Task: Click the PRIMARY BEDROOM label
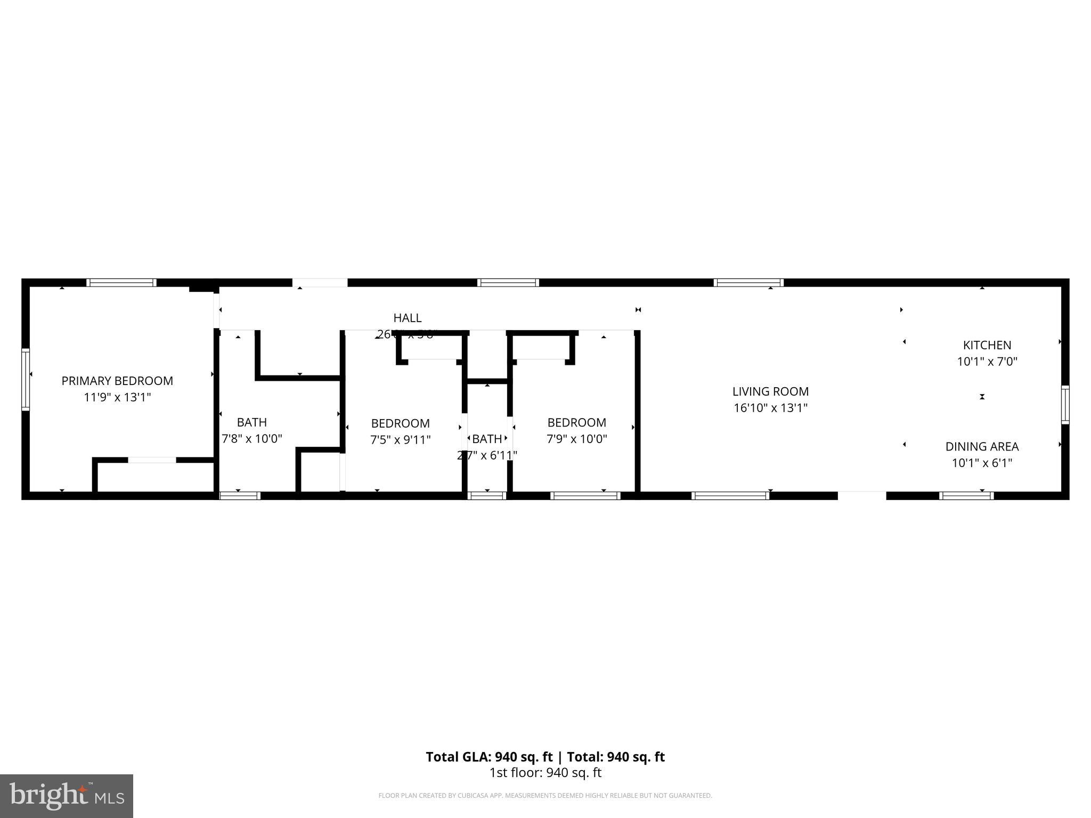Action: [117, 381]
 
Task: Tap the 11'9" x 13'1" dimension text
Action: [117, 397]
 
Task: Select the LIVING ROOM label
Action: [770, 391]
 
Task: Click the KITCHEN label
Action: [987, 345]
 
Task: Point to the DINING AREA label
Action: [982, 446]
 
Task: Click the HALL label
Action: [407, 318]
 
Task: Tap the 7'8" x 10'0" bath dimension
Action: [251, 439]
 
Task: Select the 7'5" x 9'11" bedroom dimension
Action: [400, 440]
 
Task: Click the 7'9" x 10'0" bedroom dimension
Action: [576, 439]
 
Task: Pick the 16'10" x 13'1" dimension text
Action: [770, 408]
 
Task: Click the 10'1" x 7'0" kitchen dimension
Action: [987, 362]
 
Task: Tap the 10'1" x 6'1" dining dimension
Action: [982, 463]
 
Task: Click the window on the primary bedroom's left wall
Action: [25, 379]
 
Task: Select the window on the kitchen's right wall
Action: [1065, 404]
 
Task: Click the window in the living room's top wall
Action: [748, 283]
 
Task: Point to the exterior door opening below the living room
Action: [861, 495]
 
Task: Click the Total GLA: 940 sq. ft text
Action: [488, 757]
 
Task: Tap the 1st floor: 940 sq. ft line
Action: [545, 773]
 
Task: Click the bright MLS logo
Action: [66, 796]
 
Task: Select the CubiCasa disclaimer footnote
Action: [545, 796]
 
